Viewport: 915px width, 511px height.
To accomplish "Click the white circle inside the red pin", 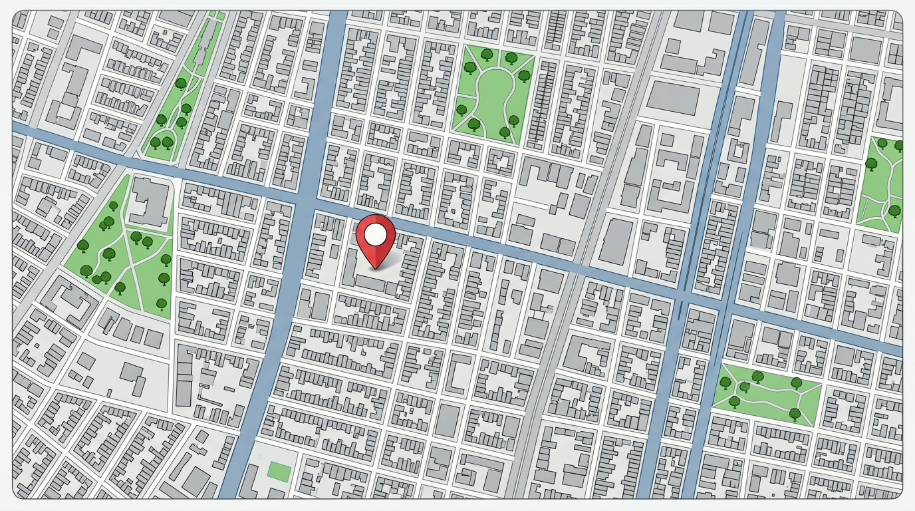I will (376, 234).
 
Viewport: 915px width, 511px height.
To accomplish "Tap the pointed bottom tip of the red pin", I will (376, 268).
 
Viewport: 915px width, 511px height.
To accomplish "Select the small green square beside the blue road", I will (279, 471).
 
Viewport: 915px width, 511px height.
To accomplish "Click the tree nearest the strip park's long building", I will (181, 83).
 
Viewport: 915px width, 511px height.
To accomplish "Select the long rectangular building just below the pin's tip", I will (373, 285).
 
